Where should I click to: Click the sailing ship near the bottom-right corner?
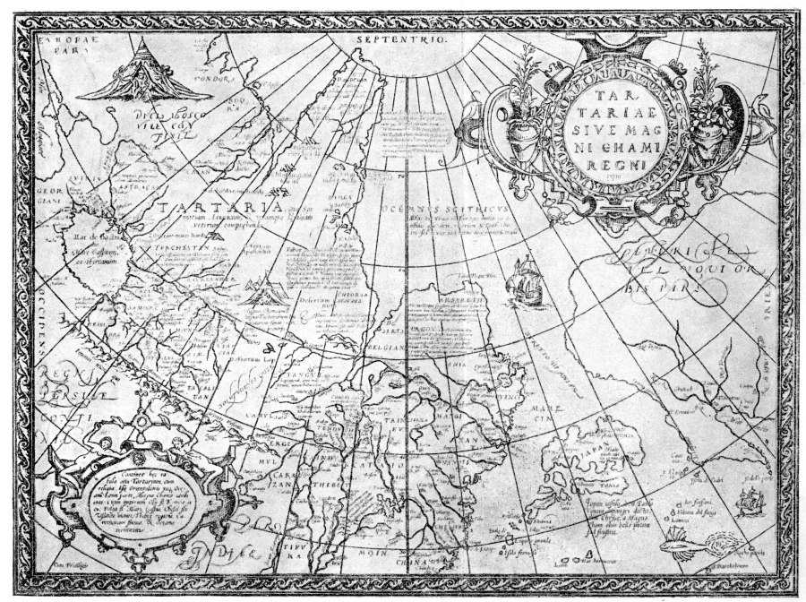(x=748, y=503)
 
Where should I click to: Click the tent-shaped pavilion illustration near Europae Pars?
(x=133, y=73)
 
